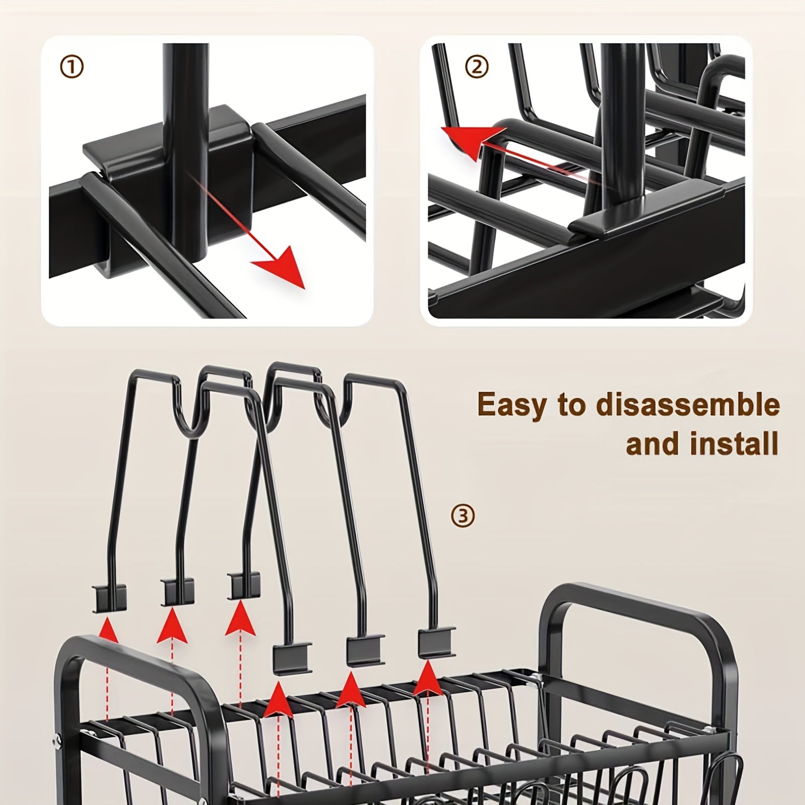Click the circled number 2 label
(x=477, y=66)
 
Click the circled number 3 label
(x=462, y=516)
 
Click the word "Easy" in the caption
(x=516, y=405)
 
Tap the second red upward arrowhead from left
(x=172, y=625)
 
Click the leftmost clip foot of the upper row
(x=109, y=599)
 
